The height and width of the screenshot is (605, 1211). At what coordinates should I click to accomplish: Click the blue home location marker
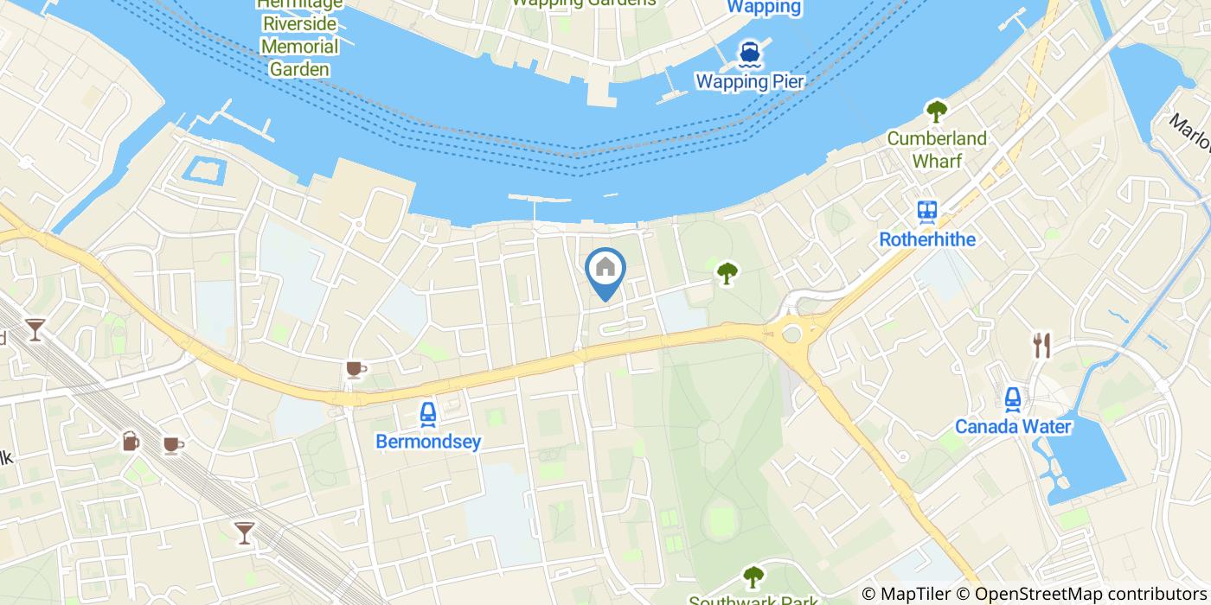pos(605,271)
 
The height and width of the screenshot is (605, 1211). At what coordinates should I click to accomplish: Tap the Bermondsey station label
pos(427,442)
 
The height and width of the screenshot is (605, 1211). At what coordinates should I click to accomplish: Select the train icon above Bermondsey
pos(427,416)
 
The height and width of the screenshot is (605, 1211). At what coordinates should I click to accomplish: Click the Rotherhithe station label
pos(927,239)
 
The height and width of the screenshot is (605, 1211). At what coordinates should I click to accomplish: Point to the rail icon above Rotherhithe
pos(927,211)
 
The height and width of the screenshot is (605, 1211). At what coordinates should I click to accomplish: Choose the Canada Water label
pos(1013,426)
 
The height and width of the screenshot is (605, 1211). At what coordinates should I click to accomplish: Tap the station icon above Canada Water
pos(1013,398)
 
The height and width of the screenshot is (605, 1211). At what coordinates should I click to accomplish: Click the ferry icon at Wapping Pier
pos(749,54)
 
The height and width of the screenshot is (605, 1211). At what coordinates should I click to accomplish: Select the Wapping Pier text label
pos(750,82)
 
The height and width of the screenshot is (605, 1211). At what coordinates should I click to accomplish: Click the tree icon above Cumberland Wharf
pos(936,111)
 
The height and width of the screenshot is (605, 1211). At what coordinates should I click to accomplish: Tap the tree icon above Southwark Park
pos(753,576)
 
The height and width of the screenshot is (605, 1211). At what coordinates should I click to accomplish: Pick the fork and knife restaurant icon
pos(1041,346)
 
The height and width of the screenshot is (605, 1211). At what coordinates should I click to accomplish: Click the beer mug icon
pos(131,441)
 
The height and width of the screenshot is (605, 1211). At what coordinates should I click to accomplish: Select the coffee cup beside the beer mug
pos(173,444)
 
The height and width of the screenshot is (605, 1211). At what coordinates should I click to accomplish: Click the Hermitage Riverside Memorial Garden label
pos(299,36)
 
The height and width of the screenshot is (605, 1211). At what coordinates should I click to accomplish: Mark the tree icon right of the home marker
pos(727,273)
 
